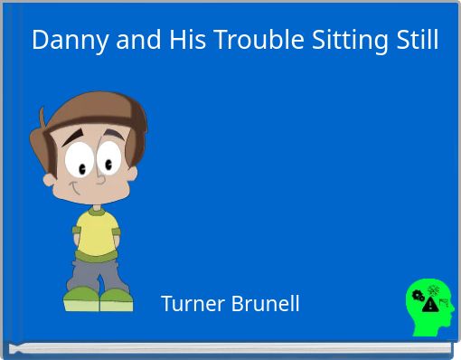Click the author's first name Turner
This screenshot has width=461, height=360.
pyautogui.click(x=191, y=304)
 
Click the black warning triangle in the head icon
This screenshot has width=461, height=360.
pyautogui.click(x=431, y=305)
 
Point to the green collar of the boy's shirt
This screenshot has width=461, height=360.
pyautogui.click(x=94, y=211)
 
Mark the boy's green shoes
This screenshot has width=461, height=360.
pyautogui.click(x=99, y=298)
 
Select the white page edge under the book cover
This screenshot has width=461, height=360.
pyautogui.click(x=230, y=347)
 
